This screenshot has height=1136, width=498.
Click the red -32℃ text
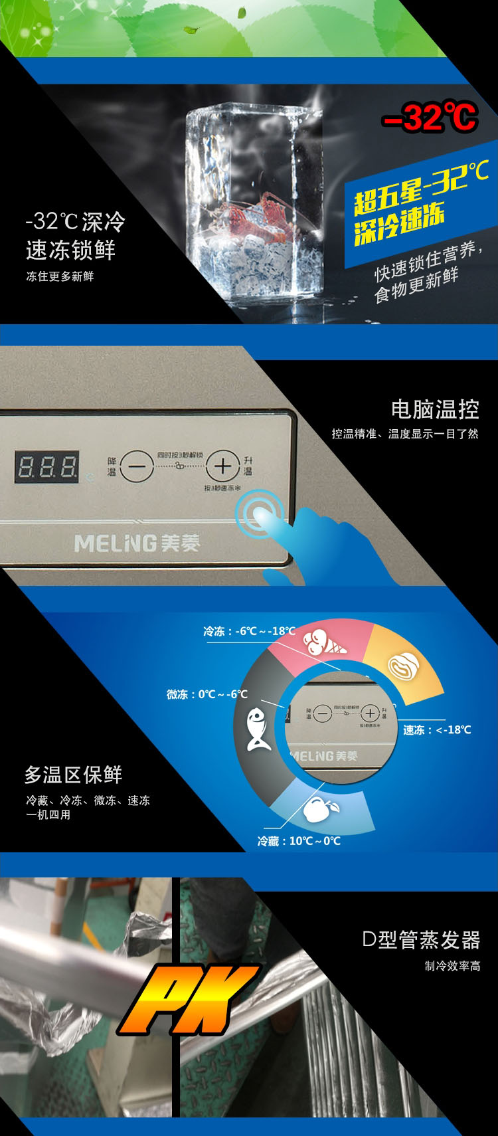click(430, 118)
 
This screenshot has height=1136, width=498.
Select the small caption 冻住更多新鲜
click(60, 276)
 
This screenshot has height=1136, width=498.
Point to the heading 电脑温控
click(435, 409)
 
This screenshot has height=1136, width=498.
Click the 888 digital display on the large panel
click(47, 466)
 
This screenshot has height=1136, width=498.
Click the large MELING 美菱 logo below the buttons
click(137, 543)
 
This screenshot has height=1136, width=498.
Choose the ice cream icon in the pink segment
click(324, 641)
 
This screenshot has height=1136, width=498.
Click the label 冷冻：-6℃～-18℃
click(250, 631)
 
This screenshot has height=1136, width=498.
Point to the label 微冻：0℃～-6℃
click(207, 694)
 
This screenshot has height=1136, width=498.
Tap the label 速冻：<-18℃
click(437, 729)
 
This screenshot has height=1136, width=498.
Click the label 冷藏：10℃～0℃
click(299, 841)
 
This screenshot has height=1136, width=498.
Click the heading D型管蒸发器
click(421, 939)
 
